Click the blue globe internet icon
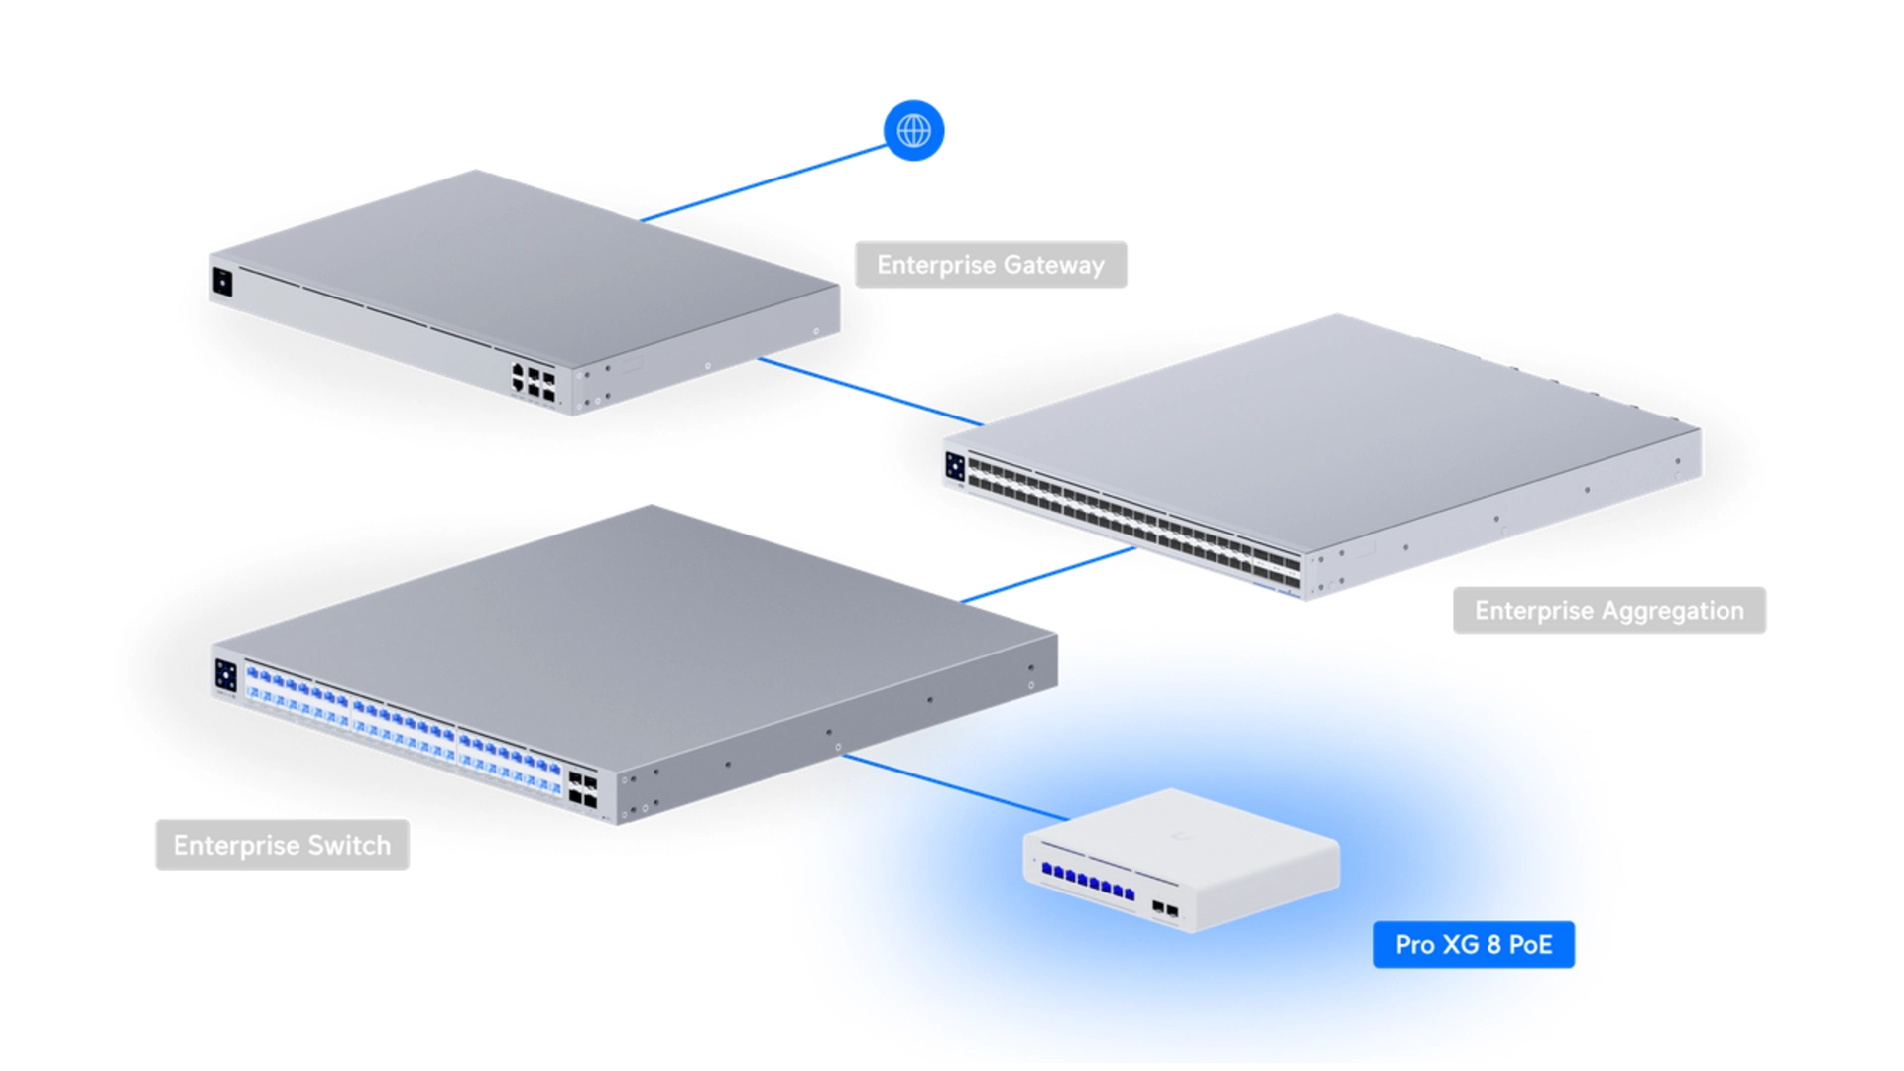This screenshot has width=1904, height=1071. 913,130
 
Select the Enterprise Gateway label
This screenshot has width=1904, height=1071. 991,265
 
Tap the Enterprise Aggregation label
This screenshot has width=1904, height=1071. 1608,610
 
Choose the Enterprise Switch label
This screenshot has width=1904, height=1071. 282,845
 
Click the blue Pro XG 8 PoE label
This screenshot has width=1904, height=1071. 1474,944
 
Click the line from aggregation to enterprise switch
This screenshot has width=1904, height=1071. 1048,575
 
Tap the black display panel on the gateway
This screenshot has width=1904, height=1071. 222,282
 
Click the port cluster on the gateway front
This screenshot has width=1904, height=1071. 534,382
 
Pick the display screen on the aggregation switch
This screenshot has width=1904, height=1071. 955,467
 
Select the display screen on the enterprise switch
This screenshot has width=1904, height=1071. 225,676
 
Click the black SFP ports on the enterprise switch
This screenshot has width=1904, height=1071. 583,791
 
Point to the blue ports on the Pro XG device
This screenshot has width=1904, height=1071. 1088,882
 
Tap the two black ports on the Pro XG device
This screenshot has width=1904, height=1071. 1165,909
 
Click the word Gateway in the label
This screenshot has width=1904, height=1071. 1053,266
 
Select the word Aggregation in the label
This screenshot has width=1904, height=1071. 1671,611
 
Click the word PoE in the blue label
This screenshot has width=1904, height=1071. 1530,944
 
